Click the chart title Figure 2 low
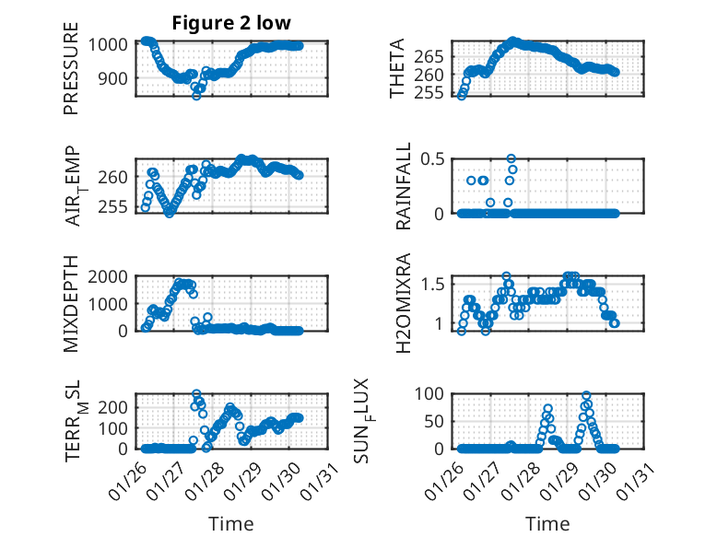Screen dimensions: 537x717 (231, 24)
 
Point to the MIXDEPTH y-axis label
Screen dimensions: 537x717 (71, 304)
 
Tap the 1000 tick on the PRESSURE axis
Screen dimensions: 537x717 (112, 44)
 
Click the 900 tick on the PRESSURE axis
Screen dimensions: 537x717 (117, 78)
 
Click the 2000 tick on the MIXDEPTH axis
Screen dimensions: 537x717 (112, 276)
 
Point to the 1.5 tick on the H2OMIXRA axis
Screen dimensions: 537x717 (441, 284)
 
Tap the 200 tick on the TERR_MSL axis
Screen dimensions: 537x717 (117, 405)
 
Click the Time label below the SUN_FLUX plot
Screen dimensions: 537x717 (547, 523)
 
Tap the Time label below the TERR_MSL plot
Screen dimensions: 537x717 (230, 523)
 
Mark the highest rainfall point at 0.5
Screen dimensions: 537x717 (511, 158)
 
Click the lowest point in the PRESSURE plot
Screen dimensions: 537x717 (196, 95)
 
